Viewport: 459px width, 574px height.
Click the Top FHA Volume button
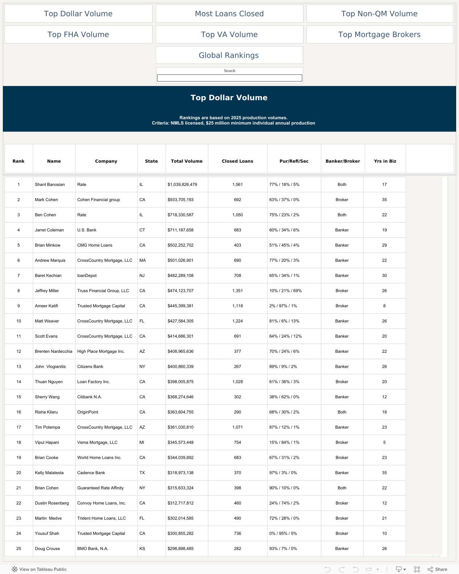point(78,35)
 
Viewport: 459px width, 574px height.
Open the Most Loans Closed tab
point(229,14)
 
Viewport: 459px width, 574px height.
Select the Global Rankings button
point(229,55)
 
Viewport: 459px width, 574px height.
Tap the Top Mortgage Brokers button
point(379,35)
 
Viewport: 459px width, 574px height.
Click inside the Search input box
point(229,78)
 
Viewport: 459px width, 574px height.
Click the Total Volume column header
point(186,161)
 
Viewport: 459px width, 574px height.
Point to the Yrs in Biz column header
point(385,161)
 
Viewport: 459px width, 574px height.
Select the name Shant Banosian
point(50,185)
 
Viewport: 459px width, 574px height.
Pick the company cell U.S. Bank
point(87,230)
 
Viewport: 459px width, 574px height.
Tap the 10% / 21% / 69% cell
point(285,291)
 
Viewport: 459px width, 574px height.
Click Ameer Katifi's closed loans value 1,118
point(238,306)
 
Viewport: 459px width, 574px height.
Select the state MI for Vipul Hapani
point(142,442)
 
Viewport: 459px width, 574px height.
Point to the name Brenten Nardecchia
point(53,351)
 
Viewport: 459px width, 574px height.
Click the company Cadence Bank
point(91,473)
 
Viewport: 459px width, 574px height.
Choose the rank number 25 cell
point(19,549)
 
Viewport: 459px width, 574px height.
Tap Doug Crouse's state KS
point(142,549)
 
